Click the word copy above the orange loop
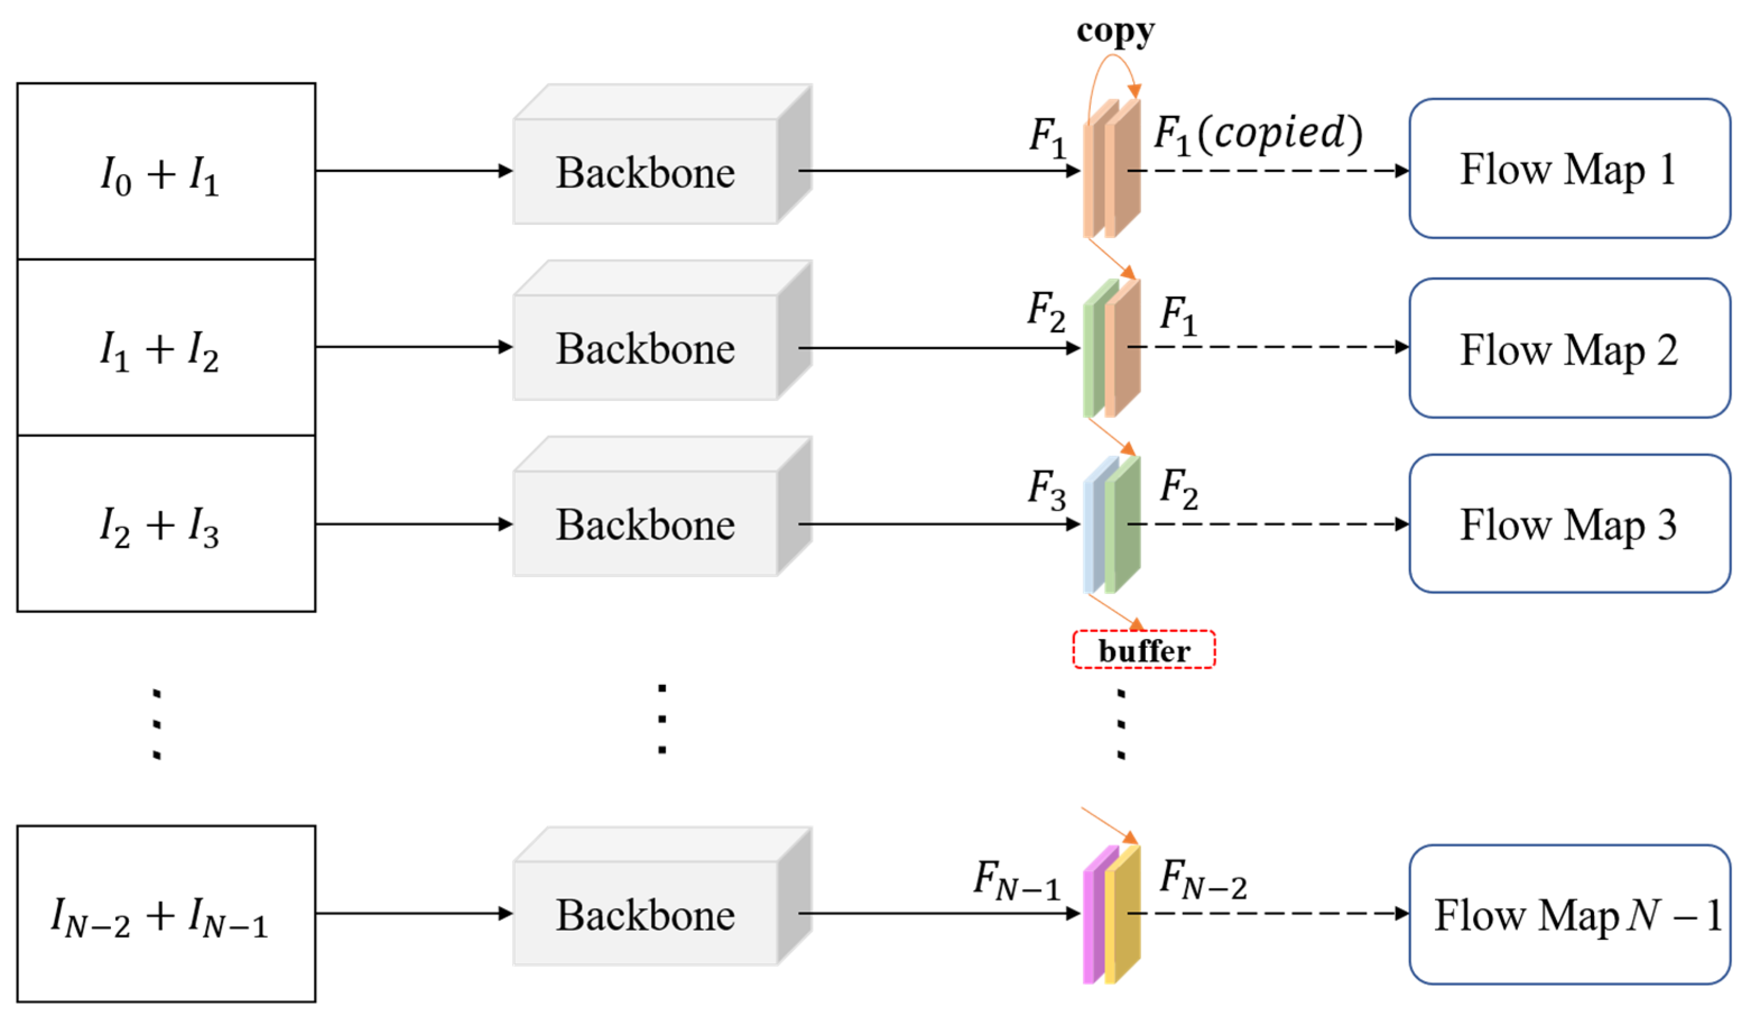(1115, 31)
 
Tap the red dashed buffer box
(1144, 650)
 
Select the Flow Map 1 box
(1569, 169)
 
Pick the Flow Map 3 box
(1569, 524)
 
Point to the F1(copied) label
(1258, 134)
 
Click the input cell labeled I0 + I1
(166, 172)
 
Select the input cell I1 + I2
(166, 347)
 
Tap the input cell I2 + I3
(166, 524)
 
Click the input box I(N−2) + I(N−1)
(166, 914)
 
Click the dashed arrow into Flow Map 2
(1268, 347)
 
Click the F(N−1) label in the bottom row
(1016, 879)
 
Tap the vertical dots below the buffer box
(1121, 725)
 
